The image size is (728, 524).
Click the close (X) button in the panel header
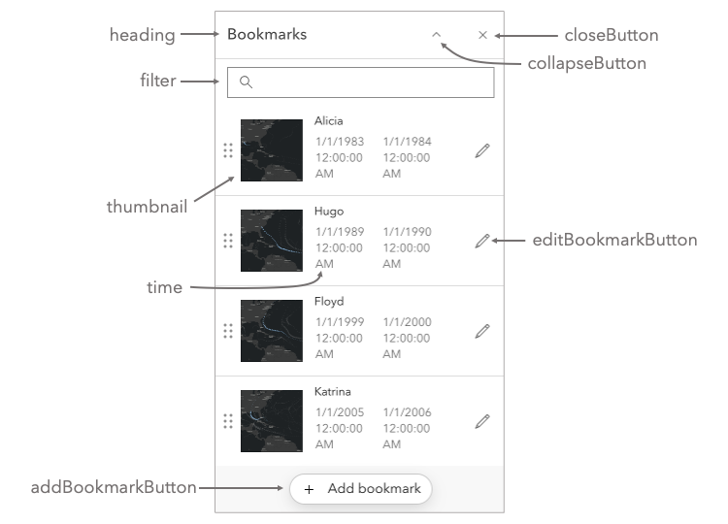482,35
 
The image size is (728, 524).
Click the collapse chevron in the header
437,34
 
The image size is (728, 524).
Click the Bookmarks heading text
267,35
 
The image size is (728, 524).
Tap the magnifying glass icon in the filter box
246,82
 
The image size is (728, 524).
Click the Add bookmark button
361,489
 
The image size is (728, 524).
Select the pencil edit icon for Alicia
482,150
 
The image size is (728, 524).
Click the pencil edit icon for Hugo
482,241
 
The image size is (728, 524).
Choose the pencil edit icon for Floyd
482,331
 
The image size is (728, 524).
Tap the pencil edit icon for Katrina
482,421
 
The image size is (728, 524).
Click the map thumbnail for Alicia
272,150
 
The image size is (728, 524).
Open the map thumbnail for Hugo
272,241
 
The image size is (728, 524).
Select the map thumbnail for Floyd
272,331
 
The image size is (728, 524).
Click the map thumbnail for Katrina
272,421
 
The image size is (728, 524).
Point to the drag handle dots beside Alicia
228,150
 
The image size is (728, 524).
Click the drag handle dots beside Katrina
228,421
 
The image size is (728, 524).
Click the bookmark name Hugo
329,212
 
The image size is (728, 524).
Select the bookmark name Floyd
329,302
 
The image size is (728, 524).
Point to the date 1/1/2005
340,412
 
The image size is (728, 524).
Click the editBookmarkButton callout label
614,241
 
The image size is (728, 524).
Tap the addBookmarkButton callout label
115,488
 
